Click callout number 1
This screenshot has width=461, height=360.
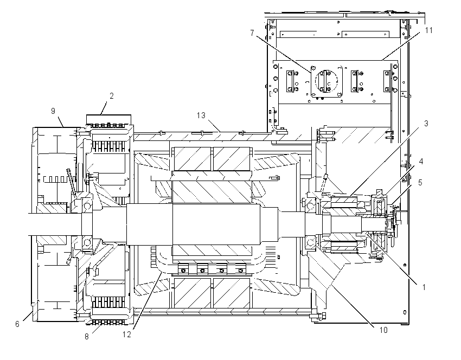coord(424,287)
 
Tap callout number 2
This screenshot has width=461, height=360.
coord(111,96)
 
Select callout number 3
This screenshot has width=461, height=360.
coord(426,124)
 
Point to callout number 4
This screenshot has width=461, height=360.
coord(421,162)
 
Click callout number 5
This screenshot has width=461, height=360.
coord(420,183)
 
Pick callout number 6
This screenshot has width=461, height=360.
coord(17,324)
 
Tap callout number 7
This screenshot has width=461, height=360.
coord(252,33)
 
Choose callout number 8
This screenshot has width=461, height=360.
coord(86,337)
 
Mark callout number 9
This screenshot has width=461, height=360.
coord(53,111)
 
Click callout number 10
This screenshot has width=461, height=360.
coord(383,330)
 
